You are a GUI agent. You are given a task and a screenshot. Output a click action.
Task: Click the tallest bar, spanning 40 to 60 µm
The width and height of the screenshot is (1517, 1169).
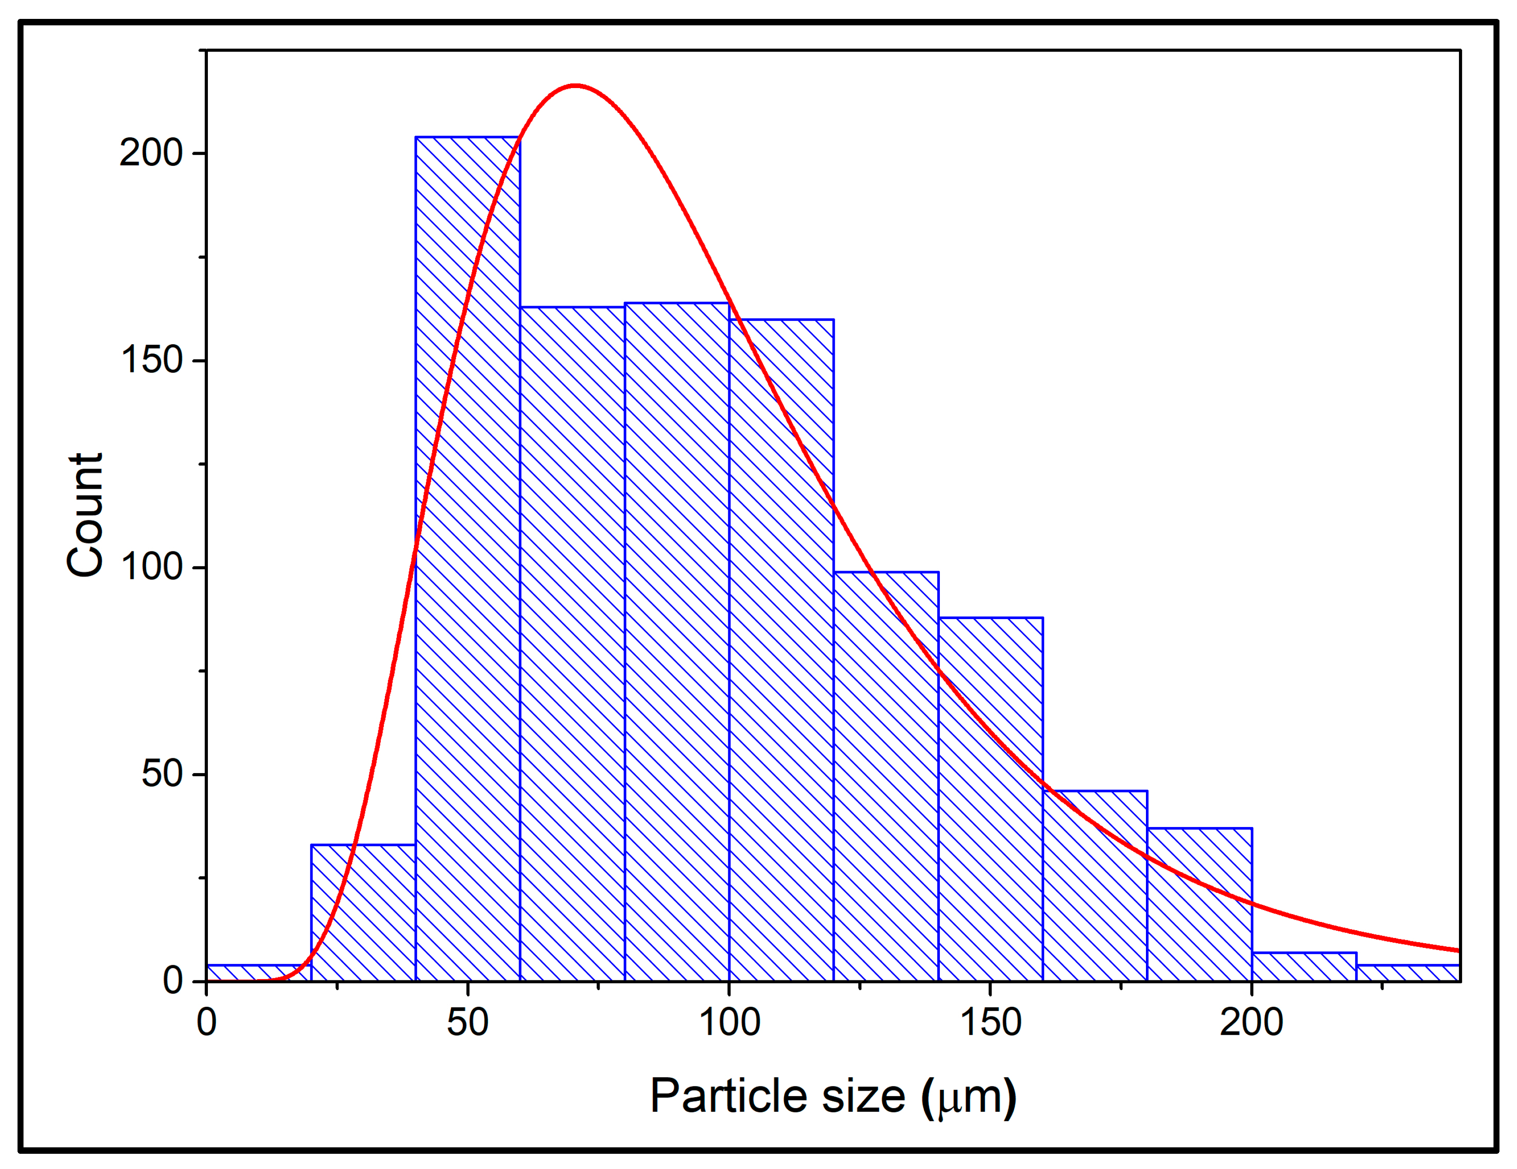(467, 555)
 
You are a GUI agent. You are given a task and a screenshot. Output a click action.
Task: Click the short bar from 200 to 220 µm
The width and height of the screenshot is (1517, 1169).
(1304, 968)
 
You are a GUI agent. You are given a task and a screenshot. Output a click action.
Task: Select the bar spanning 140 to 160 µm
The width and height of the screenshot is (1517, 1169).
(991, 799)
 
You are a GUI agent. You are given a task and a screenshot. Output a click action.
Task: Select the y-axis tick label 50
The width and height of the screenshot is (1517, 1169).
(161, 774)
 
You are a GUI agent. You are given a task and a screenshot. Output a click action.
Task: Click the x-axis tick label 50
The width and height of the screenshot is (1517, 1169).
(467, 1022)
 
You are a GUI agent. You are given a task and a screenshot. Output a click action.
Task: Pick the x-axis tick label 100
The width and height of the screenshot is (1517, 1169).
(729, 1022)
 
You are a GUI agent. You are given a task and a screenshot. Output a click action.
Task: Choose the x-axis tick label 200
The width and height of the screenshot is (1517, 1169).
(1251, 1022)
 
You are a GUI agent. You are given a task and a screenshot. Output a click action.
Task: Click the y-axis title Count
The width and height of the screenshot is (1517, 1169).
(85, 515)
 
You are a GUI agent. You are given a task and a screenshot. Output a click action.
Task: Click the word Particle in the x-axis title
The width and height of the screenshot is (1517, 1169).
(729, 1097)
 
